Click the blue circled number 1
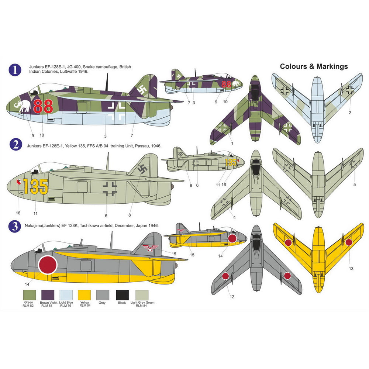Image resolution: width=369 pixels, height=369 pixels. click(x=15, y=70)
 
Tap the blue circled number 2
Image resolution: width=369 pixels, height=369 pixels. click(x=15, y=145)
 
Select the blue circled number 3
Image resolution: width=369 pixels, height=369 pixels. click(x=15, y=226)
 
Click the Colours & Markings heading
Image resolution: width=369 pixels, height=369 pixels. click(x=314, y=66)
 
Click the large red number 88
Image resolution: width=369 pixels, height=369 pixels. click(x=43, y=106)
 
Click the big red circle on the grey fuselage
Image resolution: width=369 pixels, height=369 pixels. click(x=48, y=265)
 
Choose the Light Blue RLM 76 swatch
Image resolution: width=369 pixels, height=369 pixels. click(x=67, y=294)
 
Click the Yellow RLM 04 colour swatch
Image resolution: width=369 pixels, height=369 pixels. click(x=85, y=294)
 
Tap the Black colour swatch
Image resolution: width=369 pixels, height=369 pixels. click(x=122, y=294)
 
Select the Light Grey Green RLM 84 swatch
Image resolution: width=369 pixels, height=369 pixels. click(x=141, y=294)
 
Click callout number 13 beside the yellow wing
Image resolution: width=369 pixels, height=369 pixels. click(x=351, y=269)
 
